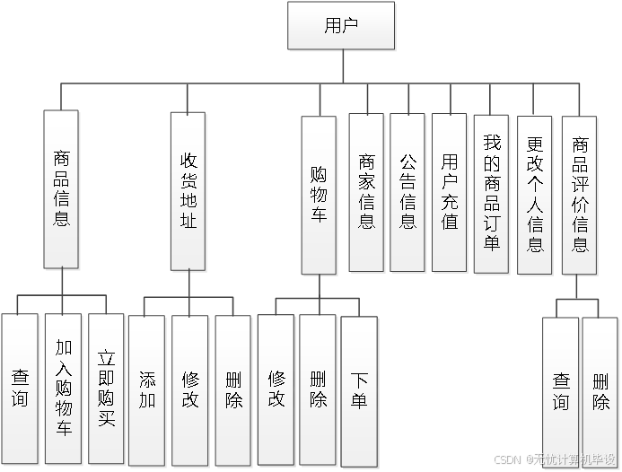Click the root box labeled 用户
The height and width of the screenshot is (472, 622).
(340, 25)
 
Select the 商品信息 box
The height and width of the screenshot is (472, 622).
(62, 189)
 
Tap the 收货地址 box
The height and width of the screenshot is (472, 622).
(188, 189)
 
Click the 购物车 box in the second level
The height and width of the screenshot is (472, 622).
(319, 195)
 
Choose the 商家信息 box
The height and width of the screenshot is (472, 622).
(366, 192)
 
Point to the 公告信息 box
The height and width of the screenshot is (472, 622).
(407, 192)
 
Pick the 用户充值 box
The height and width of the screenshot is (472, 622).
(450, 192)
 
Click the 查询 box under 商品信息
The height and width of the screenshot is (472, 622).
(20, 388)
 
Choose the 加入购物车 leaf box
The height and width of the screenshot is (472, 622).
(63, 388)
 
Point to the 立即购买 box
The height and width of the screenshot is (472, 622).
(106, 388)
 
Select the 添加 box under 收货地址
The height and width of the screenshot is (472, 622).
(147, 388)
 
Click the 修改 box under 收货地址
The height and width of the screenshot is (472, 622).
(190, 388)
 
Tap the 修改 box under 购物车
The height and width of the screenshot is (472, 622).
(276, 388)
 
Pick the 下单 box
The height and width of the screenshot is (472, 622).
(359, 388)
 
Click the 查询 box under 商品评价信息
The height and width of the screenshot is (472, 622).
(560, 391)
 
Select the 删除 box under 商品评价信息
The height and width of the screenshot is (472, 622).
(600, 391)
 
